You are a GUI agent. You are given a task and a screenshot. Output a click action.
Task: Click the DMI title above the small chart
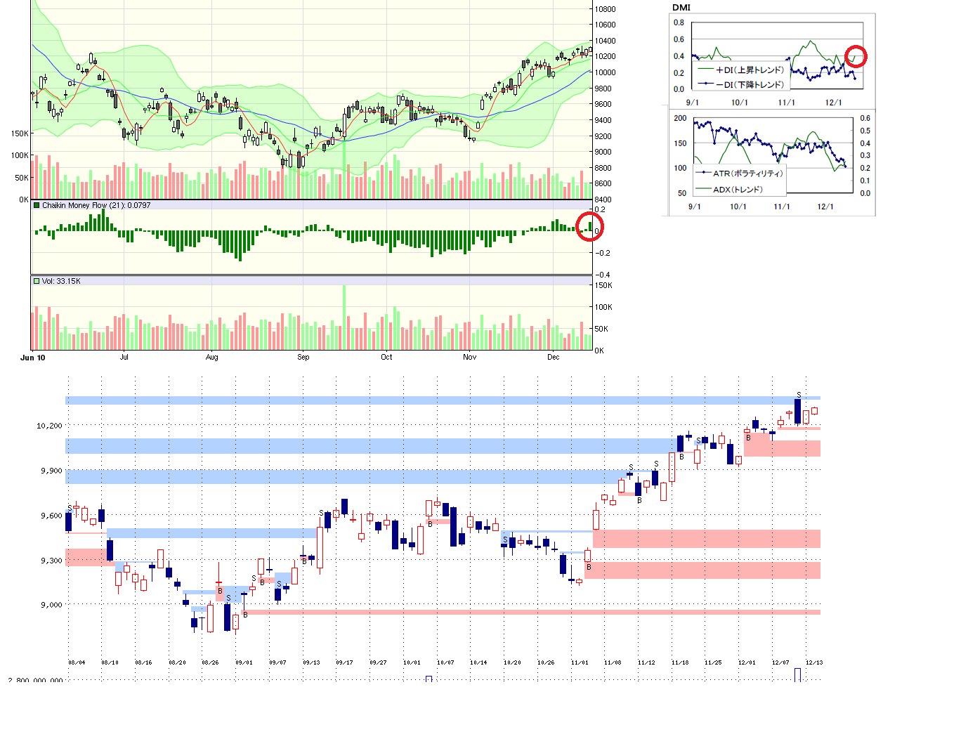click(x=681, y=8)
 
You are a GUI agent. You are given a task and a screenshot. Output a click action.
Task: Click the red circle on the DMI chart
click(x=855, y=56)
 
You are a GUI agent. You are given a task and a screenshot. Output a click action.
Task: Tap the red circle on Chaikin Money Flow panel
click(x=589, y=226)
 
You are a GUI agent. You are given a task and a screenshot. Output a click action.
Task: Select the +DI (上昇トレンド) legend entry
click(x=750, y=70)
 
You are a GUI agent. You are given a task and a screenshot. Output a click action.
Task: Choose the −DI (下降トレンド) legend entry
click(x=750, y=85)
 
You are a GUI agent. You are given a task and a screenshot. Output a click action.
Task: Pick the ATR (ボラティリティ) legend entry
click(x=747, y=174)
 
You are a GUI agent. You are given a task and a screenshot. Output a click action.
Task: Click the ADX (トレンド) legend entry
click(x=738, y=190)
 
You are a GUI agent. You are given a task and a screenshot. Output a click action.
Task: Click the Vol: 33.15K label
click(x=61, y=281)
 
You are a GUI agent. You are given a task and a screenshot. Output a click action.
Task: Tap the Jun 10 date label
click(x=33, y=358)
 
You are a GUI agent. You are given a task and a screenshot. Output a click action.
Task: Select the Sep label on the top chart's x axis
click(x=303, y=358)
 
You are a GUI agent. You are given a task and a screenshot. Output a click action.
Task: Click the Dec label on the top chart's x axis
click(x=554, y=358)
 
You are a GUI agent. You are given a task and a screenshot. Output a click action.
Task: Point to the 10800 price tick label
click(x=606, y=9)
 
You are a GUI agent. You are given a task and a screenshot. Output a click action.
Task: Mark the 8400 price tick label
click(x=603, y=200)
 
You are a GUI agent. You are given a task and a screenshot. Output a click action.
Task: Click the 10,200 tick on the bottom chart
click(x=49, y=426)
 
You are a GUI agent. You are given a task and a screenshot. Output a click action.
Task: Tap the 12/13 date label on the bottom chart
click(x=814, y=662)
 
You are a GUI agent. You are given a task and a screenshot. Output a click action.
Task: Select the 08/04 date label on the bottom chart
click(x=77, y=662)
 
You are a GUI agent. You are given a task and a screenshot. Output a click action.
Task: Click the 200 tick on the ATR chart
click(x=680, y=118)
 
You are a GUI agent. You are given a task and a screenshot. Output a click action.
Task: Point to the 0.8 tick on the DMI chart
click(x=679, y=22)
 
